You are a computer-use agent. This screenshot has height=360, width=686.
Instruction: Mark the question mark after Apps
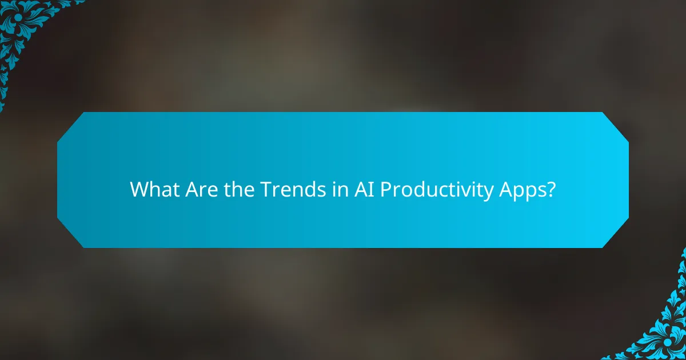point(551,189)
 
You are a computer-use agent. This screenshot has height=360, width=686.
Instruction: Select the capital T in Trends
point(265,189)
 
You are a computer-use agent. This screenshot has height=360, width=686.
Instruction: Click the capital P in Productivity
point(385,189)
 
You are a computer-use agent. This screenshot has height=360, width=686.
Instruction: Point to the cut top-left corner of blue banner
point(70,125)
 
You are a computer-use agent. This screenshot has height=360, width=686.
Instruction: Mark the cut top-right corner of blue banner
point(616,125)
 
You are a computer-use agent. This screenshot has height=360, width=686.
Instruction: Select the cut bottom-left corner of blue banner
point(70,234)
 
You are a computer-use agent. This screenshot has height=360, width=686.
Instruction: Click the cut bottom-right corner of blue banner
point(616,234)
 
